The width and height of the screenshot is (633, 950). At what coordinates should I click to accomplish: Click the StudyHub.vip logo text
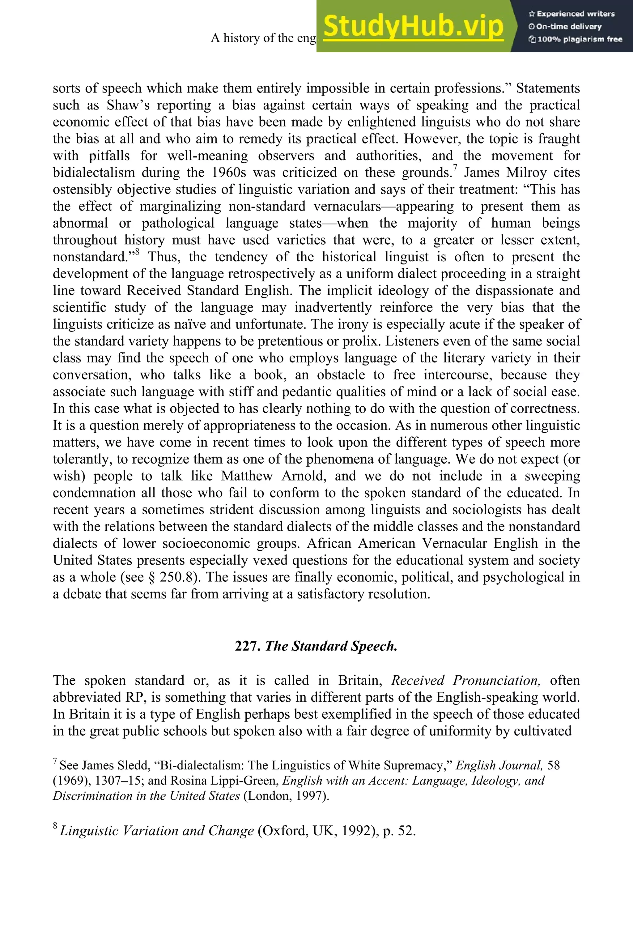413,27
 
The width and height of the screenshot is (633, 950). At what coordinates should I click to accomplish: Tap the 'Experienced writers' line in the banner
571,14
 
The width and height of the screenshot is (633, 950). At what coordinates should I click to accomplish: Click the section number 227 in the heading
247,646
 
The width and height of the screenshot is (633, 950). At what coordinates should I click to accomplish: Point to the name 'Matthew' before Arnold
247,476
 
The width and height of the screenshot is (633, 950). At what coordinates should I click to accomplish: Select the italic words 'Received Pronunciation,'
465,681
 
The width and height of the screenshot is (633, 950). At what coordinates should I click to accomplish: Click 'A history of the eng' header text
263,38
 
